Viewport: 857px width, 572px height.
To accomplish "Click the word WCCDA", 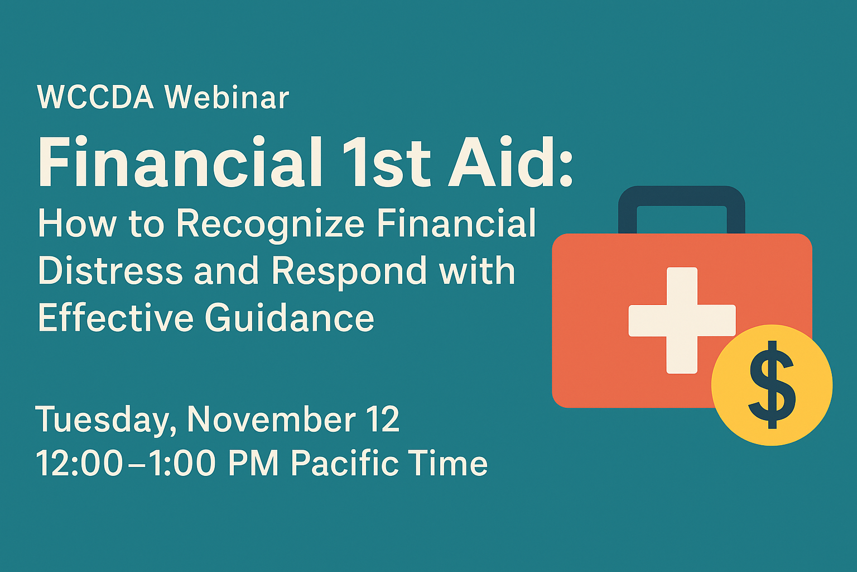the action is pyautogui.click(x=95, y=97).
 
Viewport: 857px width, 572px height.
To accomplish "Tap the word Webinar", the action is pyautogui.click(x=227, y=97).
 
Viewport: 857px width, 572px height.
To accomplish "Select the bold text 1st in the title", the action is pyautogui.click(x=387, y=162).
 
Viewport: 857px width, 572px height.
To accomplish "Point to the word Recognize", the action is pyautogui.click(x=270, y=225).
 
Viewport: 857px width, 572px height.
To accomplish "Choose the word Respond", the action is pyautogui.click(x=349, y=273).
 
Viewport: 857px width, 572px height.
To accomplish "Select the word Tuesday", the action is pyautogui.click(x=102, y=421).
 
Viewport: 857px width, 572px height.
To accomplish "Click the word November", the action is pyautogui.click(x=271, y=419).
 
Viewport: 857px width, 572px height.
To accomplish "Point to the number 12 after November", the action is pyautogui.click(x=383, y=419).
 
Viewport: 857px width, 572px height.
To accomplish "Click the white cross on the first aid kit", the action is pyautogui.click(x=682, y=320).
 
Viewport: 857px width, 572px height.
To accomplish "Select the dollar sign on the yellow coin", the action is pyautogui.click(x=772, y=385).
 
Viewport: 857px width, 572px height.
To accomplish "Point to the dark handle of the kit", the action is pyautogui.click(x=681, y=196).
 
